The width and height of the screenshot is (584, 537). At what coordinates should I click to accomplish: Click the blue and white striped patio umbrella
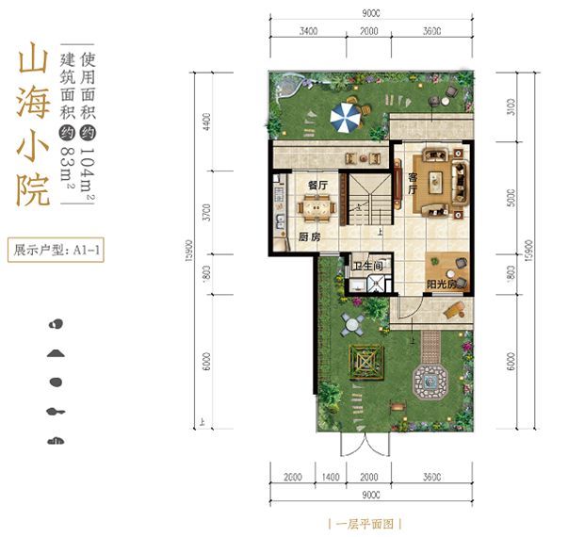click(x=345, y=118)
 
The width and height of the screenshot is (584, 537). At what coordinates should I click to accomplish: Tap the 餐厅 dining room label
click(x=316, y=186)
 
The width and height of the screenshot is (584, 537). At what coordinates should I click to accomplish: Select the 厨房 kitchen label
click(x=309, y=237)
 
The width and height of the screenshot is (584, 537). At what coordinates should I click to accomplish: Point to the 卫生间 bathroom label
click(x=367, y=266)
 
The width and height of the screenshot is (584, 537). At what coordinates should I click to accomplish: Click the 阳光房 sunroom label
click(x=441, y=284)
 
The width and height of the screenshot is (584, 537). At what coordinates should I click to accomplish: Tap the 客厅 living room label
click(x=413, y=183)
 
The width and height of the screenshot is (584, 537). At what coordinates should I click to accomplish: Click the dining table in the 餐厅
click(x=312, y=206)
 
